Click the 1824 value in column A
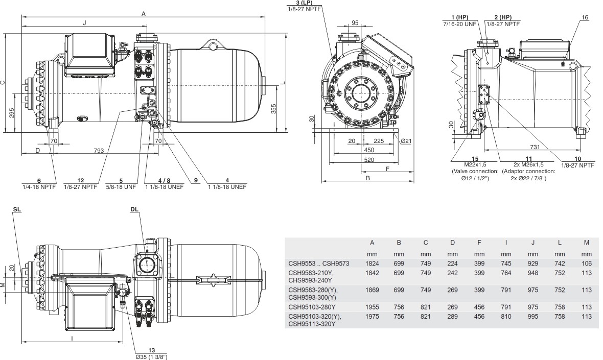tap(372, 263)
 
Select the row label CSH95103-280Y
tap(313, 307)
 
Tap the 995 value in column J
tap(532, 317)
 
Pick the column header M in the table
tap(586, 242)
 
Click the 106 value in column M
tap(586, 263)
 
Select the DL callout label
tap(134, 209)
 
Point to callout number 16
tap(585, 18)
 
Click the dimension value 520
tap(364, 159)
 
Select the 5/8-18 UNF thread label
tap(122, 187)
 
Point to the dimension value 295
tap(11, 112)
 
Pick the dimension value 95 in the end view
tap(355, 23)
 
